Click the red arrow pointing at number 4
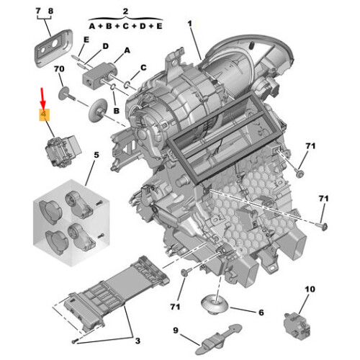click(42, 99)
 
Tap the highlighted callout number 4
click(44, 114)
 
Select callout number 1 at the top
click(190, 24)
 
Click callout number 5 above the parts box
click(96, 155)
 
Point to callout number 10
click(310, 289)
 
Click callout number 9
click(176, 330)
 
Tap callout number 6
click(261, 312)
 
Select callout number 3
click(138, 341)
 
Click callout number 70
click(59, 69)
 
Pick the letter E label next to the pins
click(86, 40)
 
